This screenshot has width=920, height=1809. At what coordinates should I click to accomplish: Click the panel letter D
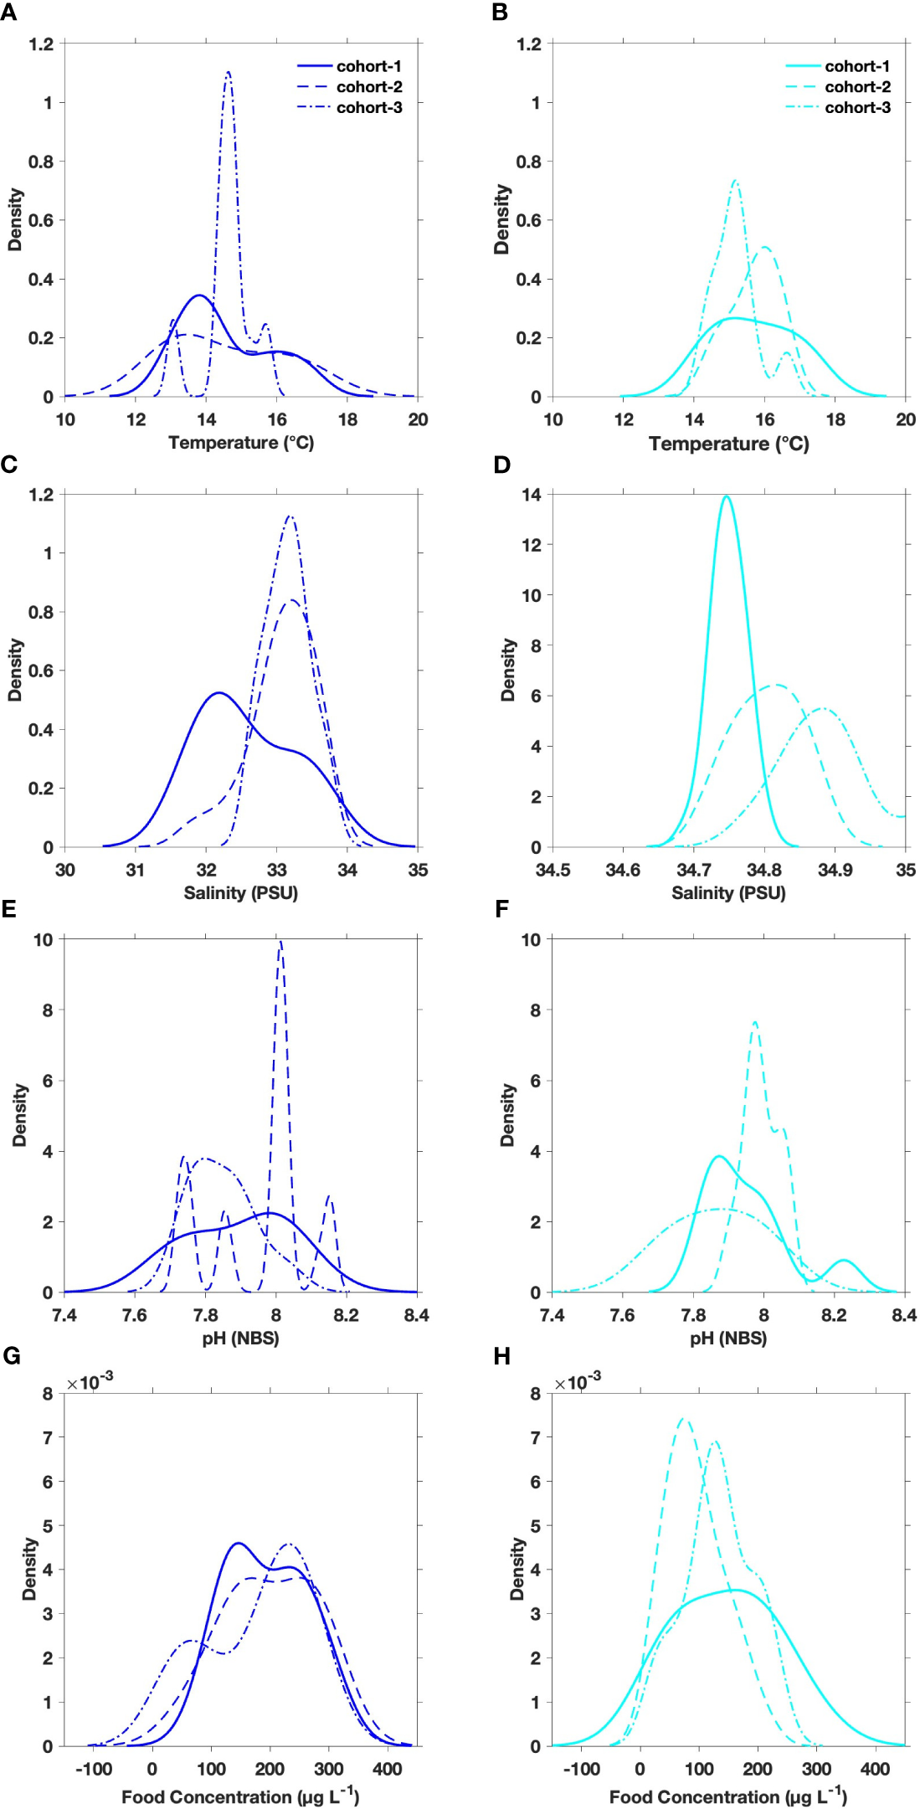click(502, 465)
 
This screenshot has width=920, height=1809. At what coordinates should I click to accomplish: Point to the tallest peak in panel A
click(228, 73)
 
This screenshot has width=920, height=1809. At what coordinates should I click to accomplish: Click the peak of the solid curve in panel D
click(726, 497)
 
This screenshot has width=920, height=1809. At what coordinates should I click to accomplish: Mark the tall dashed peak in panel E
click(280, 943)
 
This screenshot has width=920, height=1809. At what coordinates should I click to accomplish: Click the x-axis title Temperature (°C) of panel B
click(728, 444)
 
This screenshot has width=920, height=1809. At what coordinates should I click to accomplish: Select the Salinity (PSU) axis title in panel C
click(240, 892)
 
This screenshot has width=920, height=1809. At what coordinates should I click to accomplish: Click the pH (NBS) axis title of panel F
click(728, 1338)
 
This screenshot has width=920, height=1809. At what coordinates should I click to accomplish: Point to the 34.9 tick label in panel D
click(835, 870)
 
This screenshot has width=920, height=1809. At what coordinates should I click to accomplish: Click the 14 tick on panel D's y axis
click(531, 495)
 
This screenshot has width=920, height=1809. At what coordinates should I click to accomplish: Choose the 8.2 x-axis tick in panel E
click(346, 1315)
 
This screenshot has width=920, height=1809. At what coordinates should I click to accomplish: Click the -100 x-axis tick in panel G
click(93, 1769)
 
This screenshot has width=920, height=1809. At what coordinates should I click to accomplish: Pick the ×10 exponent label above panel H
click(577, 1382)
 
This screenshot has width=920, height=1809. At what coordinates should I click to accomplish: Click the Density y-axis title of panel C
click(15, 670)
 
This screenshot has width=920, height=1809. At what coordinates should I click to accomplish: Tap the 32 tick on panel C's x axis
click(206, 870)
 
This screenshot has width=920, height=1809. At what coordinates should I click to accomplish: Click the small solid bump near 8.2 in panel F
click(844, 1260)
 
